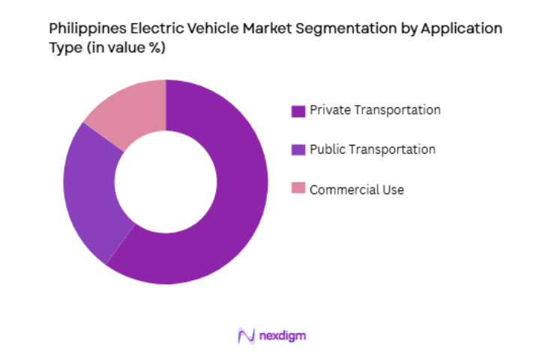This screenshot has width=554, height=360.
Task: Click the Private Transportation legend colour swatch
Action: [x=298, y=111]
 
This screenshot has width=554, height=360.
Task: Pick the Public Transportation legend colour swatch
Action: [x=298, y=150]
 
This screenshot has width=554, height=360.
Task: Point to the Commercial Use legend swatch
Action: [x=298, y=190]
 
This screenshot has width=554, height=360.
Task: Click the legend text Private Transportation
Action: [x=376, y=110]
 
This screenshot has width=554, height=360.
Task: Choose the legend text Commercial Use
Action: [x=358, y=190]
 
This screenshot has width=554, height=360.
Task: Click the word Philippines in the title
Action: [x=82, y=30]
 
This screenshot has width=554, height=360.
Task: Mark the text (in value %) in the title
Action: [x=120, y=48]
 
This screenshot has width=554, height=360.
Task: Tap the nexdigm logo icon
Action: [x=246, y=336]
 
